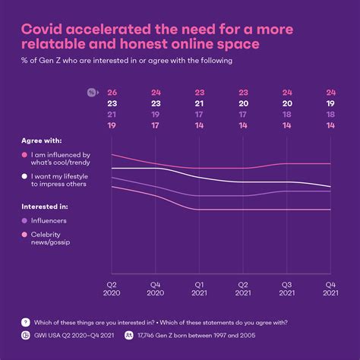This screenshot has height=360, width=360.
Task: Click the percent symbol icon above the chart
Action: (92, 93)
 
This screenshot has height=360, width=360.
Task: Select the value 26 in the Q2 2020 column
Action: (112, 93)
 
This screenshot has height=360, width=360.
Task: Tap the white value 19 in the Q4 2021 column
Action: (330, 104)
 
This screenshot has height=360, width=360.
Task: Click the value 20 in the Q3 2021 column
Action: (287, 104)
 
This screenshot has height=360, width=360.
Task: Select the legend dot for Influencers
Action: (26, 221)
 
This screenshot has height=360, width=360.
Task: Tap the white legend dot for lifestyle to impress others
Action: (26, 176)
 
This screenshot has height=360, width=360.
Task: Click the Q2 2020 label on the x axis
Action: (112, 288)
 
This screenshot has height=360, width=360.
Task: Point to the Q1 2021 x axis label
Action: (199, 288)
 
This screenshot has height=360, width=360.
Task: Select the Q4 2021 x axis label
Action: (330, 288)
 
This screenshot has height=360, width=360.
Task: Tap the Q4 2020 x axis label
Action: (155, 288)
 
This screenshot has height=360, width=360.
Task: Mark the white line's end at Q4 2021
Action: (330, 187)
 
